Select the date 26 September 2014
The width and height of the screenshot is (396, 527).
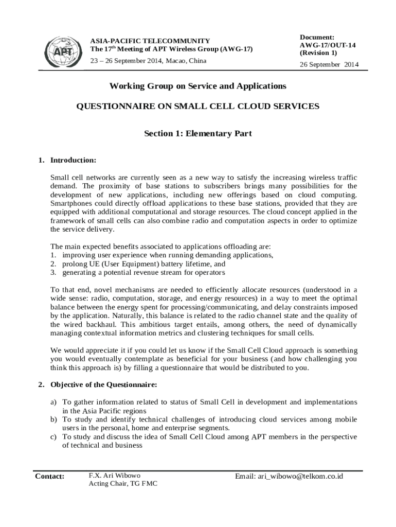[x=329, y=65]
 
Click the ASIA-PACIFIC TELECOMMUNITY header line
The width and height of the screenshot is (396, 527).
[x=150, y=41]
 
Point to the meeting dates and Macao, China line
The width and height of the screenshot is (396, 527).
[x=148, y=61]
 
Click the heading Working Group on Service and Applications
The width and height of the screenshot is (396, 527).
[x=198, y=86]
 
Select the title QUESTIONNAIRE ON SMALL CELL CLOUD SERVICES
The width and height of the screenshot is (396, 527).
[x=198, y=107]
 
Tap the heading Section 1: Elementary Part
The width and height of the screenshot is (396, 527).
[x=198, y=134]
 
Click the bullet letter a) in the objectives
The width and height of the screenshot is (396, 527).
[x=53, y=402]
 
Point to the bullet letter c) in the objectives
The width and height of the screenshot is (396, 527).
[x=53, y=437]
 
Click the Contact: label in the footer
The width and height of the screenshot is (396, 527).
[x=50, y=476]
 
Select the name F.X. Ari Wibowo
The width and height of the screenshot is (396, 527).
[x=114, y=476]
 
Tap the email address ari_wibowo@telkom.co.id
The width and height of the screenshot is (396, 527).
[x=289, y=476]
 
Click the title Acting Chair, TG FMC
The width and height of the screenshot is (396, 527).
[x=123, y=484]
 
